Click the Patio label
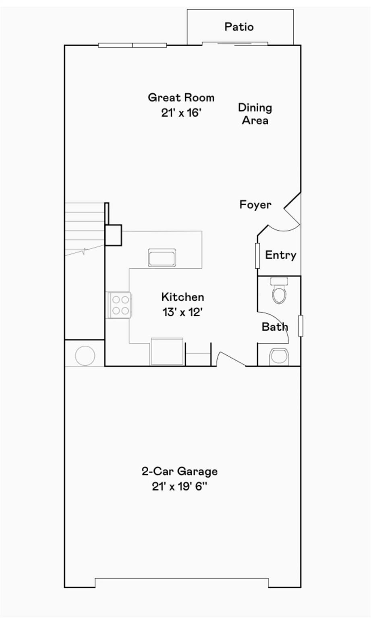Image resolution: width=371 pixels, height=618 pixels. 239,27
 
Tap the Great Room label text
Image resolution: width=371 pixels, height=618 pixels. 181,98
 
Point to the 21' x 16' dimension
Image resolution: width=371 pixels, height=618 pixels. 181,113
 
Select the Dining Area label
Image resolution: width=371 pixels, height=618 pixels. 255,114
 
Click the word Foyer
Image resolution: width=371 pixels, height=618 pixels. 255,204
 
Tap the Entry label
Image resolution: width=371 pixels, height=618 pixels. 281,255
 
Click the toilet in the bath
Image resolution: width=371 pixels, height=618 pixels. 279,290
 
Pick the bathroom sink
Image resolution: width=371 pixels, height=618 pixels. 279,357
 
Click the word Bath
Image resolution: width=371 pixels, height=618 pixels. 275,327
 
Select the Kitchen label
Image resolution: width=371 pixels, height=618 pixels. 183,297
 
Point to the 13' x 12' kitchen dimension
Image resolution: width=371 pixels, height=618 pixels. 183,312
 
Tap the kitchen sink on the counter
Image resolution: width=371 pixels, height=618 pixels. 162,257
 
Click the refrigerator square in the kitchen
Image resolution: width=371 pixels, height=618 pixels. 167,352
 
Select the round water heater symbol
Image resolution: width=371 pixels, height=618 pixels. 85,356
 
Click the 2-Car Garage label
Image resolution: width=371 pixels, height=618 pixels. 180,471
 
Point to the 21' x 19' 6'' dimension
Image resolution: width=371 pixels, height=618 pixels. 180,486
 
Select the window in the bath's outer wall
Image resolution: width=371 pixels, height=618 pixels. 301,326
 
